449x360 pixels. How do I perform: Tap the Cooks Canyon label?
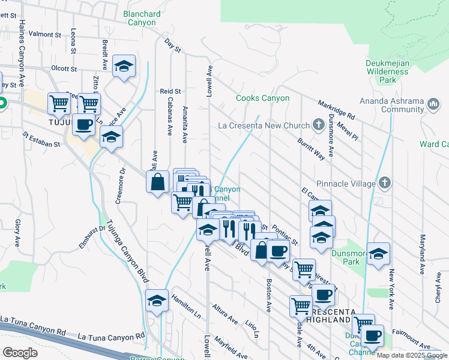262,98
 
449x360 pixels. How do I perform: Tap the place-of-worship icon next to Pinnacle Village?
385,182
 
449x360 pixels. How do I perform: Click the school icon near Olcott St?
124,67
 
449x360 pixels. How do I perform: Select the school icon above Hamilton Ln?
157,301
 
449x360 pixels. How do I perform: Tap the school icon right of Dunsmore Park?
378,254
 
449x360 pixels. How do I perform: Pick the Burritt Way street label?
311,148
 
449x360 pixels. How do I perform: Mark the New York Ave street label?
391,290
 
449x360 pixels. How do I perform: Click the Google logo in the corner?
20,353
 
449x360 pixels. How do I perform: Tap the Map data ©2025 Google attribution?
412,355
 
